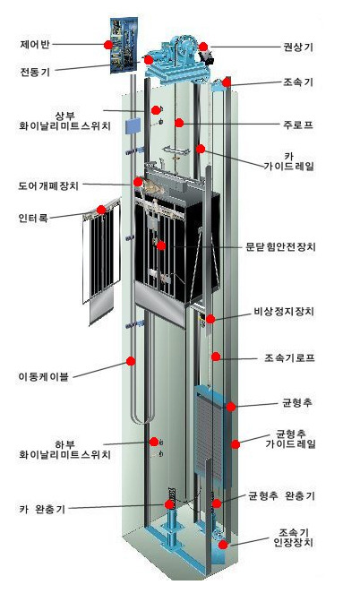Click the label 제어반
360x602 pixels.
coord(35,44)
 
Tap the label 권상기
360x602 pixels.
coord(298,47)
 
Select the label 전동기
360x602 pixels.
coord(35,72)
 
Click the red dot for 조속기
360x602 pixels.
coord(226,82)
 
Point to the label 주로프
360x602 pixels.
coord(298,125)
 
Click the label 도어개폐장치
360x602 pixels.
coord(48,185)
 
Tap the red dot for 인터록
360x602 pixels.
coord(101,210)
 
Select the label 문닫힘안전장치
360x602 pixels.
coord(280,246)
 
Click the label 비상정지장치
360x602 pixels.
coord(284,311)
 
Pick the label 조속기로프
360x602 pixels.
coord(289,357)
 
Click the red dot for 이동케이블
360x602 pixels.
coord(131,361)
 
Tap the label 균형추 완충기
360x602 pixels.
coord(281,495)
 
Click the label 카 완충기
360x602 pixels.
coord(42,510)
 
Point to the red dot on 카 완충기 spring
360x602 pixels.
coord(169,504)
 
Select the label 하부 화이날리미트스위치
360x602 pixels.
coord(64,450)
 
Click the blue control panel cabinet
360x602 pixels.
coord(124,45)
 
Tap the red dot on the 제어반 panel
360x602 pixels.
coord(108,45)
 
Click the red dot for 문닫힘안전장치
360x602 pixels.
coord(161,245)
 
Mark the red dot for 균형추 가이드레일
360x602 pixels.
coord(236,444)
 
